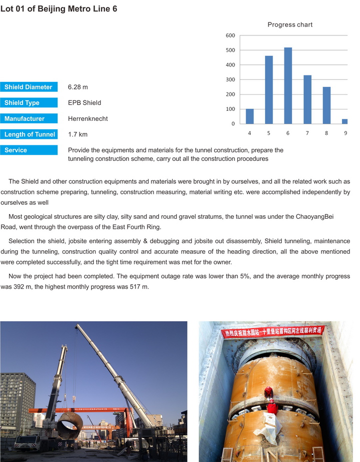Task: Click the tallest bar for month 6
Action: point(287,85)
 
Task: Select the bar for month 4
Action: point(249,116)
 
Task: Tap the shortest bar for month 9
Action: point(344,121)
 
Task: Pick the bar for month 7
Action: point(307,99)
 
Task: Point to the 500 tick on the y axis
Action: point(230,50)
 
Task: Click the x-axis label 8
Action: point(326,133)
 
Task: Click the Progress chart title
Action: point(290,25)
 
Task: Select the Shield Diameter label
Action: point(29,87)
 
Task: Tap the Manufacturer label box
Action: point(29,119)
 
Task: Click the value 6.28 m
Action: point(78,87)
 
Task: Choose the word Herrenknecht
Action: point(88,119)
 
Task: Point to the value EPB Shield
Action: point(84,103)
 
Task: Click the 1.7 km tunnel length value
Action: point(77,134)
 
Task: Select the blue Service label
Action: point(29,150)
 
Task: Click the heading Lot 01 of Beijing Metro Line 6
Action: point(59,9)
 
